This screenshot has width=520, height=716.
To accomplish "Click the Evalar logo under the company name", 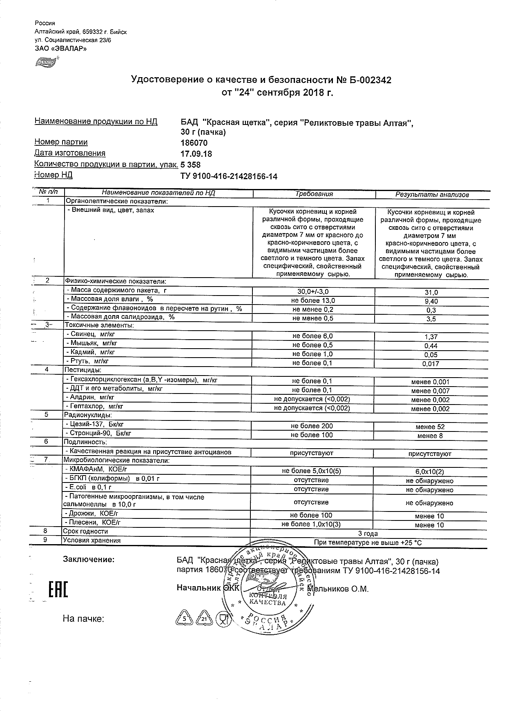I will click(46, 62).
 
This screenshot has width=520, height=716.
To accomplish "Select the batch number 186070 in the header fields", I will click(194, 143).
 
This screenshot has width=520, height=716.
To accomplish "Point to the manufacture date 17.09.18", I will click(196, 154).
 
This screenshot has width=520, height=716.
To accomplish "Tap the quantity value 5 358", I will click(191, 165).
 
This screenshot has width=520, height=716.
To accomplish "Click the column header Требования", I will click(314, 194).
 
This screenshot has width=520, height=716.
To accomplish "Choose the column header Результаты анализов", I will click(432, 195).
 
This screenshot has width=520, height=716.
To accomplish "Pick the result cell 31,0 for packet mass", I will click(431, 292).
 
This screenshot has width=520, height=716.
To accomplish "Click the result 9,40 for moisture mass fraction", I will click(431, 301).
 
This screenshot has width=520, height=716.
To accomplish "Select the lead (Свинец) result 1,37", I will click(431, 337).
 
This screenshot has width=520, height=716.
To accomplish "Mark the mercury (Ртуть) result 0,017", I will click(431, 364).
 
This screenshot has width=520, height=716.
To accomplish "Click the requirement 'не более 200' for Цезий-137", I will click(312, 426).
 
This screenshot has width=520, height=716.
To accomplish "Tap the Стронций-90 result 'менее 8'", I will click(430, 436).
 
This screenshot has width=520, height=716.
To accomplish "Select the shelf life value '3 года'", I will click(368, 534).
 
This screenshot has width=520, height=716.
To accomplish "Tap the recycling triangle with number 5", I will click(185, 619).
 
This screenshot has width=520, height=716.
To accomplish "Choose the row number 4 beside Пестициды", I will click(47, 369).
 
